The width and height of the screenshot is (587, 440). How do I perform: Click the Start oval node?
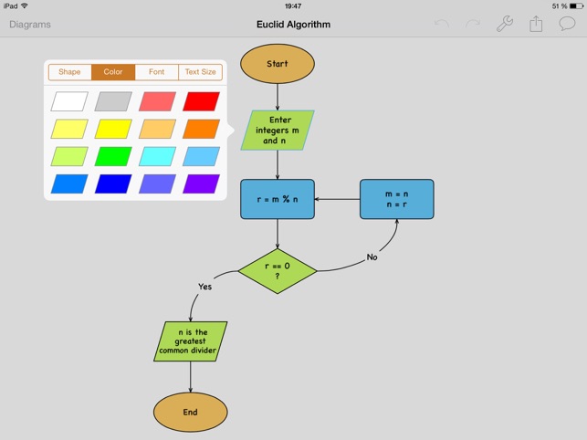point(278,64)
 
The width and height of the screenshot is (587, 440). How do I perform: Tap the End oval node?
point(190,412)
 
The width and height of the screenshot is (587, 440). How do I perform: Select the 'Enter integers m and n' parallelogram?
point(278,131)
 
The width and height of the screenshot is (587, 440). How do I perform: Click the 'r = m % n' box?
point(278,199)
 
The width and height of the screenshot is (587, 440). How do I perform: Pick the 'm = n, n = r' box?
point(396,199)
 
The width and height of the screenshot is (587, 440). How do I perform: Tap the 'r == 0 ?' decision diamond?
point(278,271)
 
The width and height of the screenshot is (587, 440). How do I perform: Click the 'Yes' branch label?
point(204,287)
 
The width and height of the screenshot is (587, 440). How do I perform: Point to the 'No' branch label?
point(372,257)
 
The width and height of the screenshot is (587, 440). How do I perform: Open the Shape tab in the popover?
point(69,72)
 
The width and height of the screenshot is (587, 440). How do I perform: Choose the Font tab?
point(157,72)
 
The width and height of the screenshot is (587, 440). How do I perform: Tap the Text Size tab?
point(201,72)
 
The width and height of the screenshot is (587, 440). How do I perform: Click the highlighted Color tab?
point(113,72)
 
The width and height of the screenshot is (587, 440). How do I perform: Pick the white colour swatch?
point(69,101)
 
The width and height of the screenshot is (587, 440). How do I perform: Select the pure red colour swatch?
point(201,101)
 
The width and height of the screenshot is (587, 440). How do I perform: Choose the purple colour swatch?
point(201,183)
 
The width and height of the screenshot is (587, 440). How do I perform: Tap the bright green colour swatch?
point(113,156)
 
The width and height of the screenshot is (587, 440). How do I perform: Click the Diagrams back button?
point(30,25)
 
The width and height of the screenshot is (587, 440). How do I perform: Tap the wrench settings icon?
point(504,25)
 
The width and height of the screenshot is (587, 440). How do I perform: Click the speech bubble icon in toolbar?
point(567,25)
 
